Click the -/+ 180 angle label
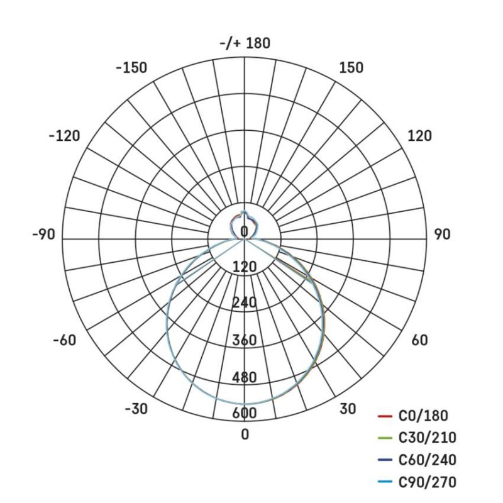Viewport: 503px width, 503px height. click(x=245, y=43)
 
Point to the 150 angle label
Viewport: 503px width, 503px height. click(x=351, y=68)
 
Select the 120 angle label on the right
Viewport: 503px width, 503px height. click(x=419, y=136)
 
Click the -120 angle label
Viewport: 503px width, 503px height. click(x=64, y=136)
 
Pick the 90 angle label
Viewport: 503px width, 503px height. click(x=442, y=235)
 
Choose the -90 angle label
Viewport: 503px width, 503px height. click(x=43, y=235)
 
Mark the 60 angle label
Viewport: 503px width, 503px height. click(x=419, y=340)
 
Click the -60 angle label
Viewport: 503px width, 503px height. click(x=64, y=340)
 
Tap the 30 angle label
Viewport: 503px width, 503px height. click(x=348, y=409)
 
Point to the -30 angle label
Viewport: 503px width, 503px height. click(x=136, y=409)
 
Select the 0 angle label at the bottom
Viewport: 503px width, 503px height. click(x=245, y=434)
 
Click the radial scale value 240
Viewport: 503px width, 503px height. click(x=245, y=303)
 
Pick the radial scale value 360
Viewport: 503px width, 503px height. click(x=245, y=341)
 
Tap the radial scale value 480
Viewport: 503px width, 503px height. click(x=245, y=377)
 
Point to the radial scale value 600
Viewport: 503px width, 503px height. click(x=245, y=413)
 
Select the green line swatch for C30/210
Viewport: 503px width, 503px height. click(x=385, y=438)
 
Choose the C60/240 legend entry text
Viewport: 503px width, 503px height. click(x=428, y=460)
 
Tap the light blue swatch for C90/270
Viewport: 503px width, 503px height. click(x=385, y=482)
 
